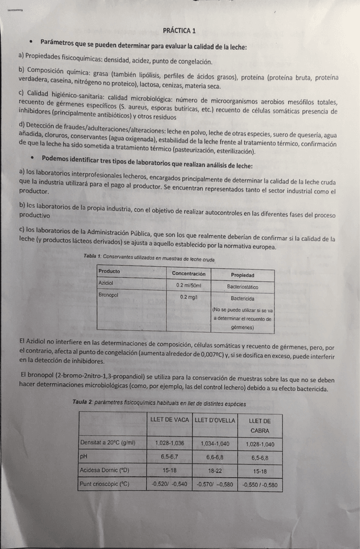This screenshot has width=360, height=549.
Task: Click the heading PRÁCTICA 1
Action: click(180, 30)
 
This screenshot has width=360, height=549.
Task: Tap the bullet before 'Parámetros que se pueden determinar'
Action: click(30, 42)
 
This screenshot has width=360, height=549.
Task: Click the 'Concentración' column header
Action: click(188, 274)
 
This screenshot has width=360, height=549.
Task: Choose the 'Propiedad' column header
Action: click(242, 274)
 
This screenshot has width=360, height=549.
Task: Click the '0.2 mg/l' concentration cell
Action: click(188, 297)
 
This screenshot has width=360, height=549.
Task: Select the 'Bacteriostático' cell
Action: click(242, 286)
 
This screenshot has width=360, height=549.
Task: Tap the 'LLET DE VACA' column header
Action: click(168, 420)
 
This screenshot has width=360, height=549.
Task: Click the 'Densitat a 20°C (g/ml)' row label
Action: click(107, 443)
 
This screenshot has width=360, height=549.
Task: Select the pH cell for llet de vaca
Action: click(168, 456)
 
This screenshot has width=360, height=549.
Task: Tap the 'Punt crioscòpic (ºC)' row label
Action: click(104, 483)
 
